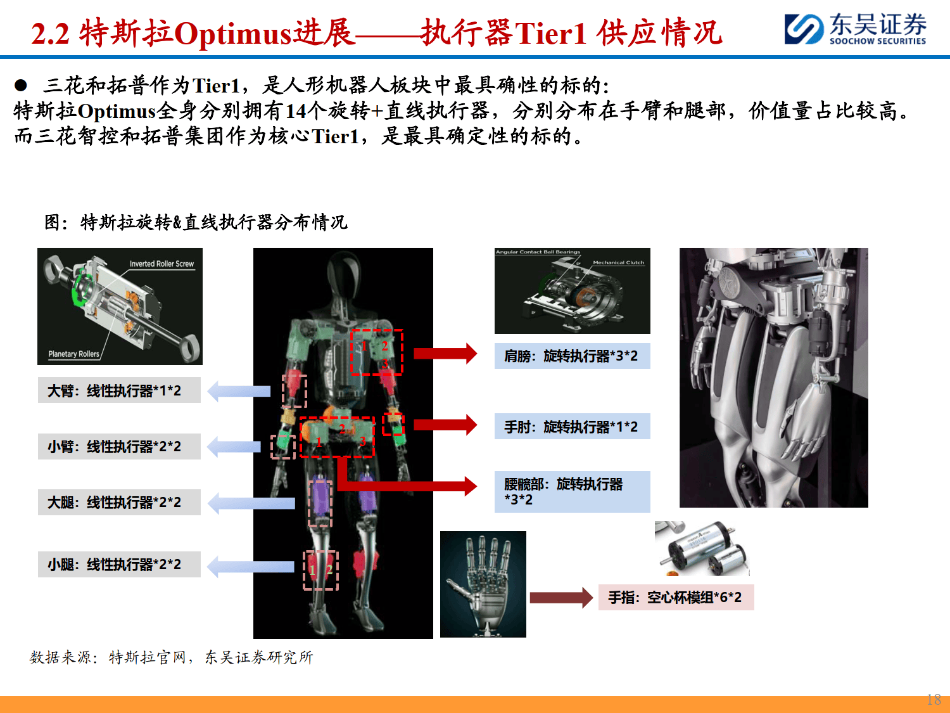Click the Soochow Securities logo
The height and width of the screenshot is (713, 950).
coord(855,29)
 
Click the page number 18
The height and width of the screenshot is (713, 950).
coord(934,700)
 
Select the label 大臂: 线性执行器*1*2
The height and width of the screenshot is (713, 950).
coord(119,391)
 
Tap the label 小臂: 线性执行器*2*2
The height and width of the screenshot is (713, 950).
coord(119,447)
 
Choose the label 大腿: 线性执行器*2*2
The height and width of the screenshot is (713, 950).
coord(119,503)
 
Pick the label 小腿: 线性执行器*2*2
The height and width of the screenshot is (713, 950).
coord(119,565)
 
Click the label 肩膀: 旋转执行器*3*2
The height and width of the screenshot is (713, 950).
coord(572,356)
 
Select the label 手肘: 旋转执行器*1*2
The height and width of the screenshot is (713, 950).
coord(572,427)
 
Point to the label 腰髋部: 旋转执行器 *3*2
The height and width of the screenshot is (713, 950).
coord(572,492)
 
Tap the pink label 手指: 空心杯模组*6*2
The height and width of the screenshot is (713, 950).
coord(676,598)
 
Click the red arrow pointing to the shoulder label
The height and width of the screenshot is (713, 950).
coord(445,354)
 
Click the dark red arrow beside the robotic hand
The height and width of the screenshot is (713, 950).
coord(560,598)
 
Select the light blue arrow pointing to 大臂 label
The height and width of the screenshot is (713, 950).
coord(239,391)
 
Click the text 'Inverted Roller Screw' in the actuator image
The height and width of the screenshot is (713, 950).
coord(161,264)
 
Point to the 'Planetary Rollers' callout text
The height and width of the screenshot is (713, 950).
coord(73,354)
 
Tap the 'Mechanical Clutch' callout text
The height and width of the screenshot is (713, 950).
coord(618,262)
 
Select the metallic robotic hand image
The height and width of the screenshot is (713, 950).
coord(483,584)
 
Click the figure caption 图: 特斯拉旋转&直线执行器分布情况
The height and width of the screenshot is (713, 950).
coord(196,222)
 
